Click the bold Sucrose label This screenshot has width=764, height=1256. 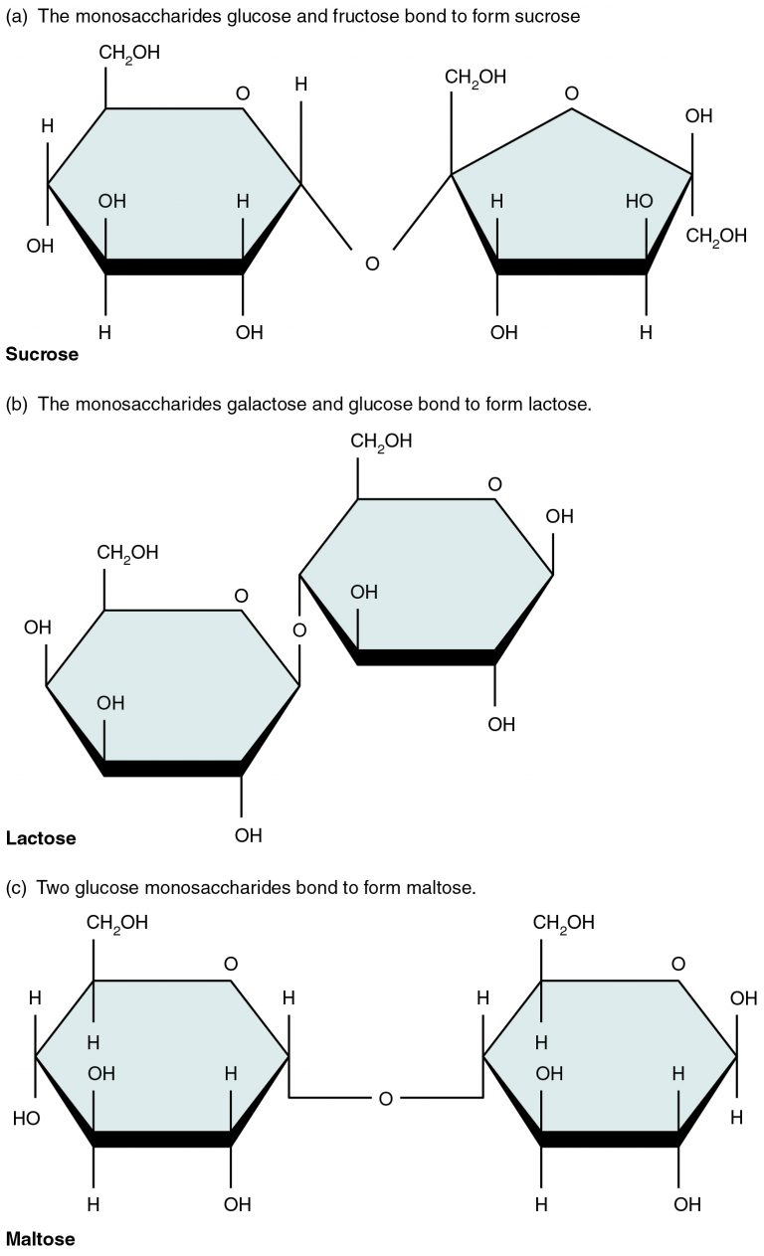click(42, 353)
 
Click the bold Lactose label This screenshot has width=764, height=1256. click(41, 837)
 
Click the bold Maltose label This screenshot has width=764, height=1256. click(40, 1239)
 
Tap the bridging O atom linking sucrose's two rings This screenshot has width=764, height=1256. click(372, 264)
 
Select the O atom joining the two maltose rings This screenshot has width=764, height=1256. click(386, 1098)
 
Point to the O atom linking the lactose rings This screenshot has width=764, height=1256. click(299, 629)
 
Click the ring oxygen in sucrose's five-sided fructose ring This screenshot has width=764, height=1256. click(571, 94)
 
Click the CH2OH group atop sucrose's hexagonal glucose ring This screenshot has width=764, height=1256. click(129, 52)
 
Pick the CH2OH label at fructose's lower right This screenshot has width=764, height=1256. click(715, 236)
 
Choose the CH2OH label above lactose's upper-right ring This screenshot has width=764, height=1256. click(381, 441)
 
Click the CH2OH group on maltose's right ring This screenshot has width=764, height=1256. click(564, 922)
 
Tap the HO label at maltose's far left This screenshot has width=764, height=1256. click(27, 1119)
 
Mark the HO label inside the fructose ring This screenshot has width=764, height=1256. click(640, 201)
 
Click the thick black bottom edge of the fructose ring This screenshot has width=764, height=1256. click(571, 267)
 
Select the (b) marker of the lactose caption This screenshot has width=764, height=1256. click(16, 405)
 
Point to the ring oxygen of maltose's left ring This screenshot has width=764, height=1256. click(231, 964)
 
